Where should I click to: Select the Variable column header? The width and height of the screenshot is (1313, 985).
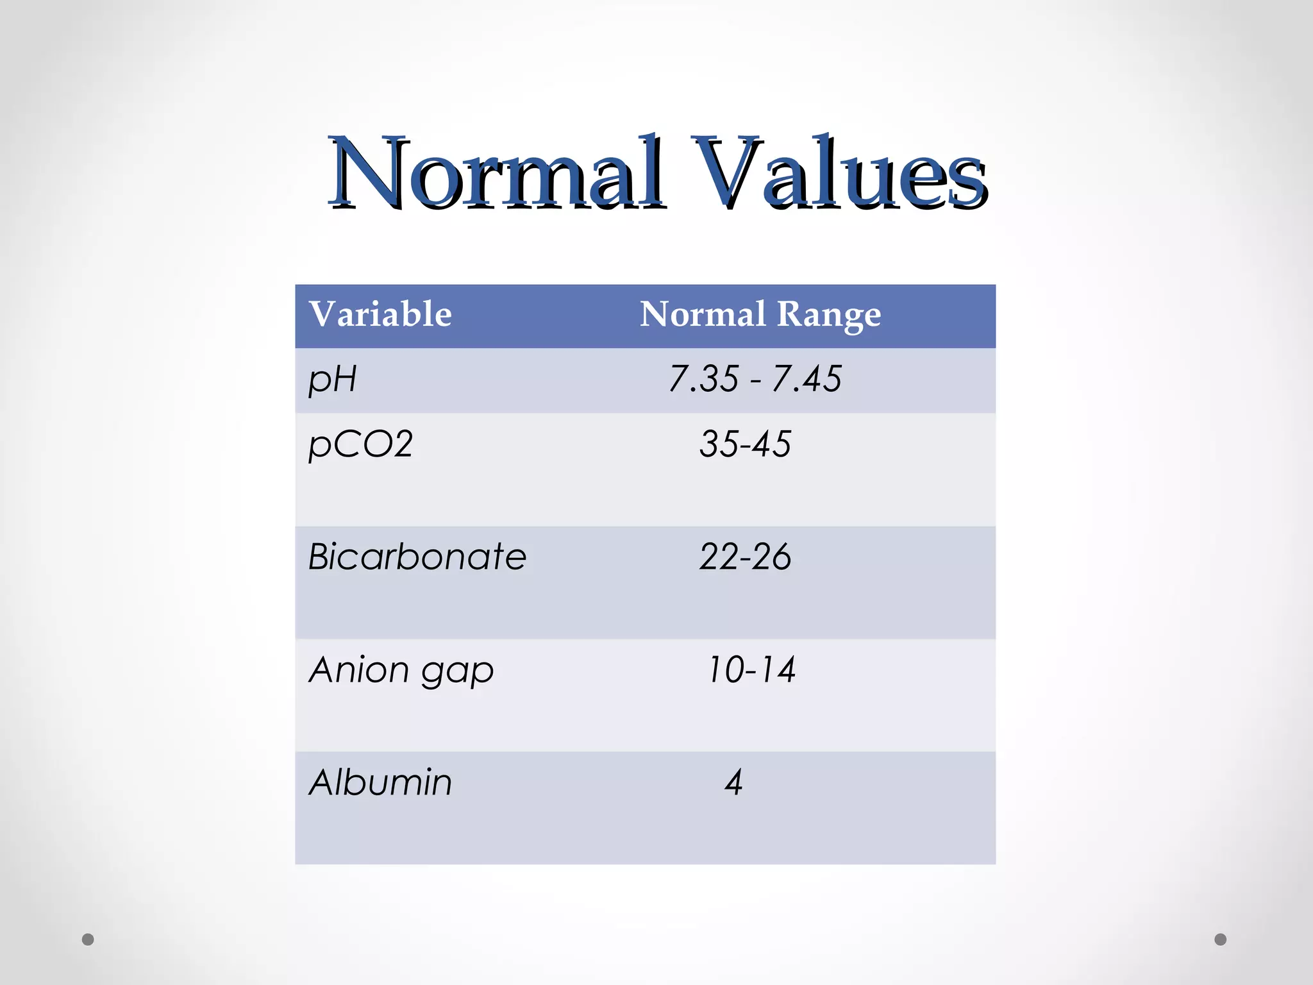point(380,314)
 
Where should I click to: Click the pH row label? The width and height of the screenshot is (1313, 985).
point(332,379)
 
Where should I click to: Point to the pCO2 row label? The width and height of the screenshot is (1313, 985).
point(360,444)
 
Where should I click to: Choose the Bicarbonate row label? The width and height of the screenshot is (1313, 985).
point(417,557)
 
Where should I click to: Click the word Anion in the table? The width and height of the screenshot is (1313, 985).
point(359,669)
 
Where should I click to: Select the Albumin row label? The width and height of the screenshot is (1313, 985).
point(380,782)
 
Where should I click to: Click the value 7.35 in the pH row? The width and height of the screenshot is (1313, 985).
point(703,379)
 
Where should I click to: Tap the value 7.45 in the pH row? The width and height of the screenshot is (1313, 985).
point(807,379)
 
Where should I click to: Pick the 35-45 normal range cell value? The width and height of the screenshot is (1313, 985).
point(745,444)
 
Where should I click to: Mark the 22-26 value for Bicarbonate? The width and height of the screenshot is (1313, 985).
point(745,557)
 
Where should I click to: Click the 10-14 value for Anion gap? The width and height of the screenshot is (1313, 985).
point(751,669)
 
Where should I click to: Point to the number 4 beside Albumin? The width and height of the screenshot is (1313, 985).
point(733,782)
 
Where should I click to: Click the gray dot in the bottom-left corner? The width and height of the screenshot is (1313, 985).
point(88,939)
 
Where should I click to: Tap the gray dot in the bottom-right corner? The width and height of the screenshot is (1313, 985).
point(1221,939)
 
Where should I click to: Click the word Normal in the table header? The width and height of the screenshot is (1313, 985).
point(703,314)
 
